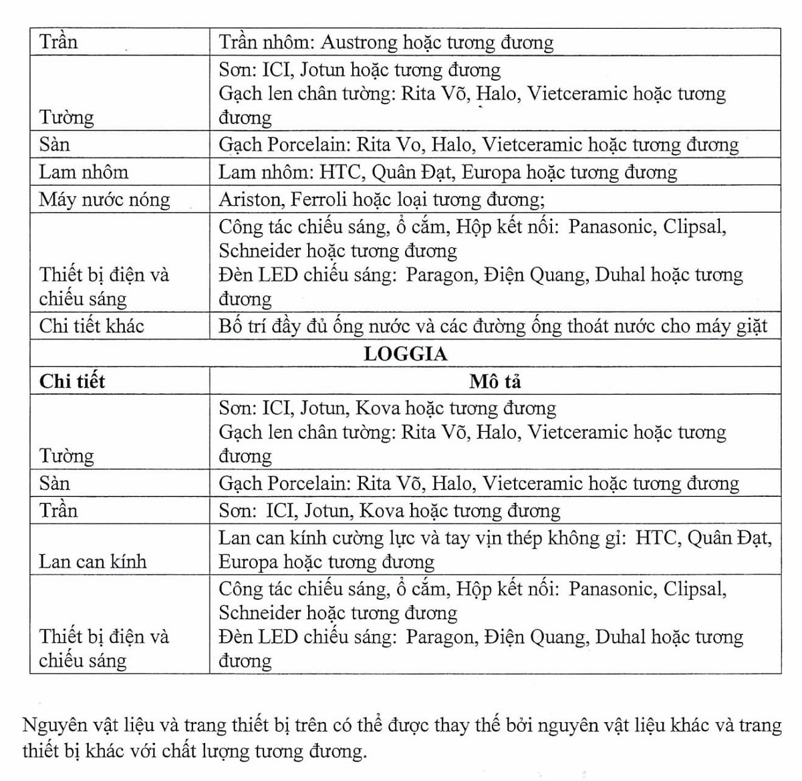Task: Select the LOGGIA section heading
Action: coord(405,354)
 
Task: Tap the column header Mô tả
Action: coord(495,381)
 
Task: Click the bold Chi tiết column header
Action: coord(72,381)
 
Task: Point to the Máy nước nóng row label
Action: coord(104,199)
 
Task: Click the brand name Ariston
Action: coord(249,199)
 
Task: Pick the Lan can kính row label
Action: coord(92,561)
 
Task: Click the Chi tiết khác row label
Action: coord(92,326)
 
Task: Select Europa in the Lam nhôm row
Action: coord(493,173)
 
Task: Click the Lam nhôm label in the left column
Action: coord(84,173)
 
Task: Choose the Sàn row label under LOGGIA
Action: coord(54,483)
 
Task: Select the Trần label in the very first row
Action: coord(58,43)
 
